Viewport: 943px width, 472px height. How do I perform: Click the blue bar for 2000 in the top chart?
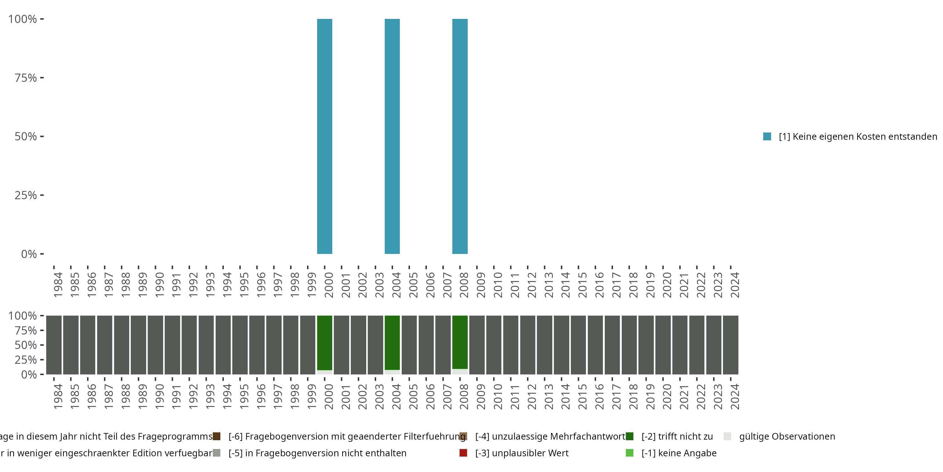324,136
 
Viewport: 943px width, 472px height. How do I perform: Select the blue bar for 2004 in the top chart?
392,136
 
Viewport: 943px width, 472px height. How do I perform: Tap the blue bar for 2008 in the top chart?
460,136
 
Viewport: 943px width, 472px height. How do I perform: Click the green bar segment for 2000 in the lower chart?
324,343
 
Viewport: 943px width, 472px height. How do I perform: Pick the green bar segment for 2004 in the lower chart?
392,343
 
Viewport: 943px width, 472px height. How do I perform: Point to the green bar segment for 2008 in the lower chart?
460,342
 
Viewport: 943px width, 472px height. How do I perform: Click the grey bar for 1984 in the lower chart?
54,345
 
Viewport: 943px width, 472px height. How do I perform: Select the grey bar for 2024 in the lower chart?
730,345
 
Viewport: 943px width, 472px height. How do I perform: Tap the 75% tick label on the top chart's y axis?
26,78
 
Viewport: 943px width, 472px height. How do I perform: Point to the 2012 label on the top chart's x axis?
532,285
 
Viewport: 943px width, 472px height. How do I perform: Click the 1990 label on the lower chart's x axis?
159,396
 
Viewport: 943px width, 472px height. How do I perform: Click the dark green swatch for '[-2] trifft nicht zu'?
630,436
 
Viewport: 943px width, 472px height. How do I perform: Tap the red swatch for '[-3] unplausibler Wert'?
463,453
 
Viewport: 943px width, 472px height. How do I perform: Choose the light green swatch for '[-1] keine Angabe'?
630,453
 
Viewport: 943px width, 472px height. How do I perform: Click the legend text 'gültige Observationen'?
787,436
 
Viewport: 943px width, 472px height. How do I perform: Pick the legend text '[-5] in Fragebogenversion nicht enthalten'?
317,453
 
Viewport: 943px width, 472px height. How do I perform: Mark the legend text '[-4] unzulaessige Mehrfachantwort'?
550,436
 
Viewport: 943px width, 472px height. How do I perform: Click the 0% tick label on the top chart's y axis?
29,254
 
